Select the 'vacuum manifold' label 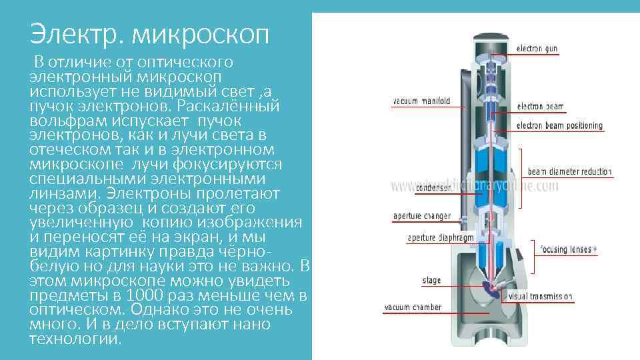(x=421, y=101)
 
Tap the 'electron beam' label (x=541, y=106)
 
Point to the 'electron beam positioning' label (x=559, y=125)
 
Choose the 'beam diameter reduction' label (x=569, y=171)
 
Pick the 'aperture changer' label (x=421, y=216)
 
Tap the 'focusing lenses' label (x=569, y=249)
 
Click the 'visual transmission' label (x=540, y=295)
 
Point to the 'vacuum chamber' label (x=413, y=307)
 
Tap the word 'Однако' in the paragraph (x=157, y=310)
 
